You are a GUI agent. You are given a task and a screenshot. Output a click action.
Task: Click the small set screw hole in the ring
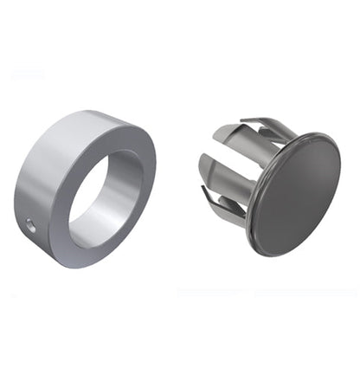click(30, 224)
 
